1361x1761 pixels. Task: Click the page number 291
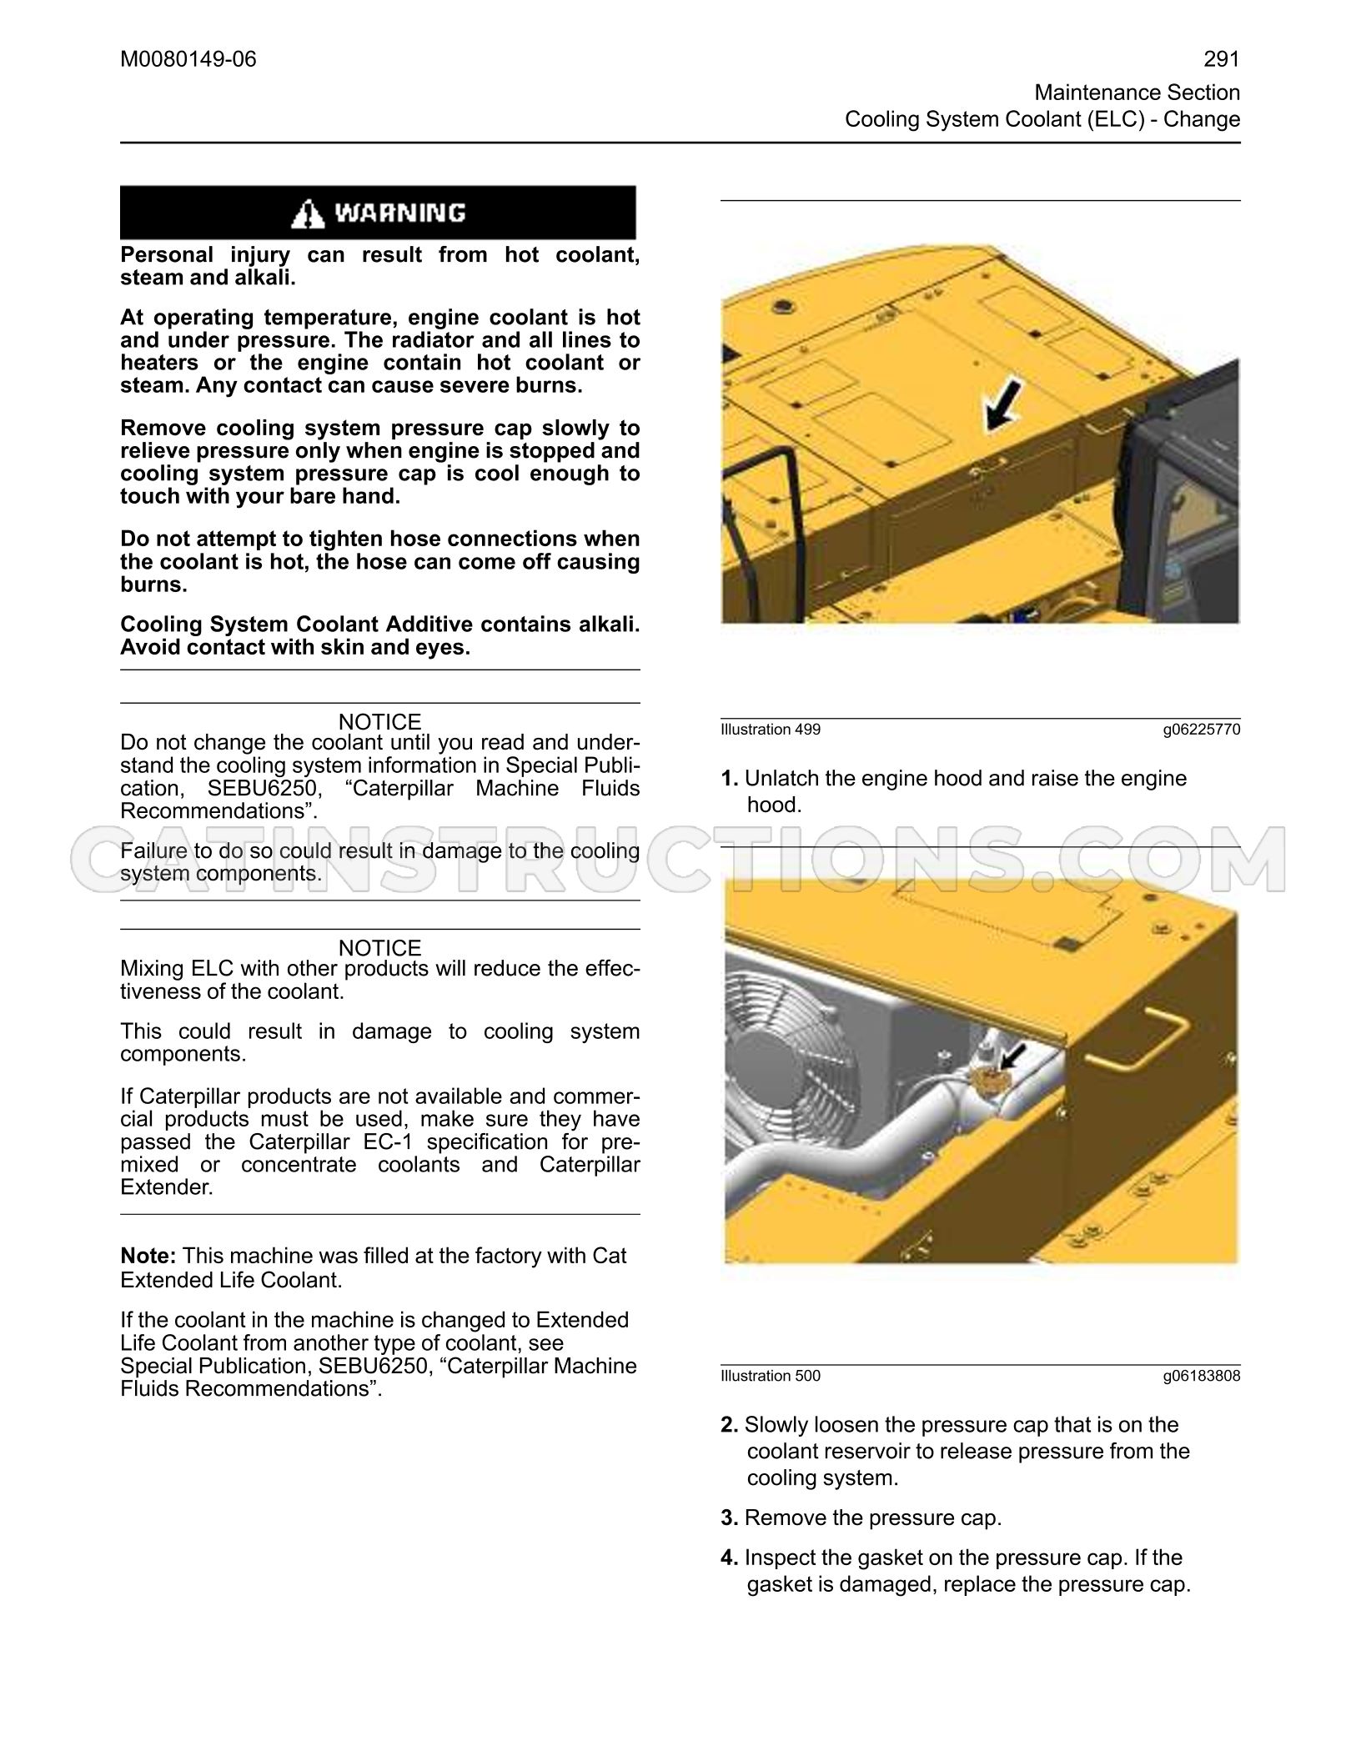(x=1222, y=59)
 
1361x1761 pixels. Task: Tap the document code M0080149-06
(x=188, y=59)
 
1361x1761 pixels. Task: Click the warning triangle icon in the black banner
(x=308, y=213)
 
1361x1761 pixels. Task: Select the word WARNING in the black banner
(x=400, y=213)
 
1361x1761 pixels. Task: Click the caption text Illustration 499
(x=771, y=730)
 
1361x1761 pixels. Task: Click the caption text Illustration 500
(x=771, y=1376)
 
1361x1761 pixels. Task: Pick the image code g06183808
(x=1202, y=1376)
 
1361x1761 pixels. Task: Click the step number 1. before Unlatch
(x=730, y=779)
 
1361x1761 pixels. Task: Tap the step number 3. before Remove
(x=730, y=1518)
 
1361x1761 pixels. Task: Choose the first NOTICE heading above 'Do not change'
(x=380, y=722)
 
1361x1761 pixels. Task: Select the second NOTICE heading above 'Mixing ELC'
(x=380, y=948)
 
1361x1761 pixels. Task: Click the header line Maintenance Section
(x=1138, y=93)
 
